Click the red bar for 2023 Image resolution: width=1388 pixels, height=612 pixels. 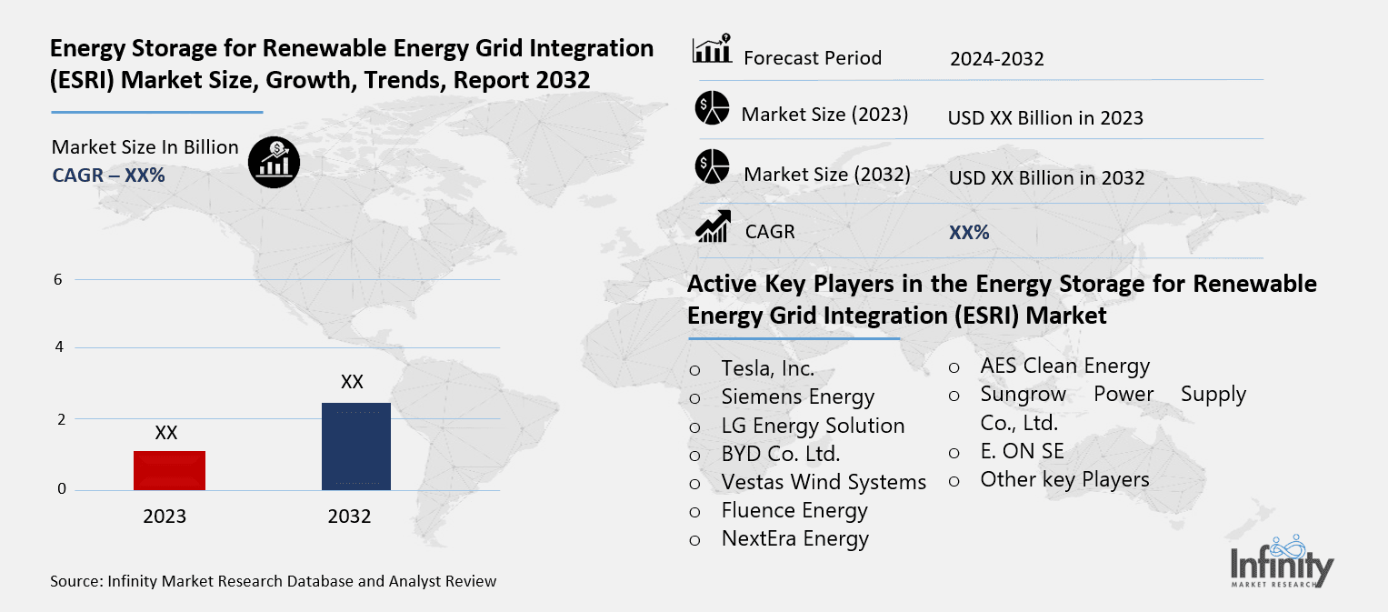169,470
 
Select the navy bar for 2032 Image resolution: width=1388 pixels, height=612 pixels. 356,446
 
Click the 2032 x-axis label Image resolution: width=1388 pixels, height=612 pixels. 349,517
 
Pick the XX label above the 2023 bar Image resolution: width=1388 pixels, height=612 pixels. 165,433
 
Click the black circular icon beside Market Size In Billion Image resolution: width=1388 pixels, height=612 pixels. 274,163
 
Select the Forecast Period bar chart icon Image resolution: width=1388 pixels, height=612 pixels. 712,50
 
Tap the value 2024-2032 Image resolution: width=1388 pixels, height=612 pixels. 996,59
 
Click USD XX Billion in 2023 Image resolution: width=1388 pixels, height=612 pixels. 1044,118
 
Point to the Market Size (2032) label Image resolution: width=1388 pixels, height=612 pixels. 826,174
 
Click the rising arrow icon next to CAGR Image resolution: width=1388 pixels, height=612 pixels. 713,226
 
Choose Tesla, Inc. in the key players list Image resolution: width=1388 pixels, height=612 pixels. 767,369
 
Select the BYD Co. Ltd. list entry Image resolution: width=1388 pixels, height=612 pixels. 780,454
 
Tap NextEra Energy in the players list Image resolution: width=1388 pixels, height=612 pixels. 794,538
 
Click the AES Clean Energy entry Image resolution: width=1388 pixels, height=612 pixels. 1064,366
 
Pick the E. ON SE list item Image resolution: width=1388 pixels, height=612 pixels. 1022,451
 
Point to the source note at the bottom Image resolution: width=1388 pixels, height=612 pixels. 274,581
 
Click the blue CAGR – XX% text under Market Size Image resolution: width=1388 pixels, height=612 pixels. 108,176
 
